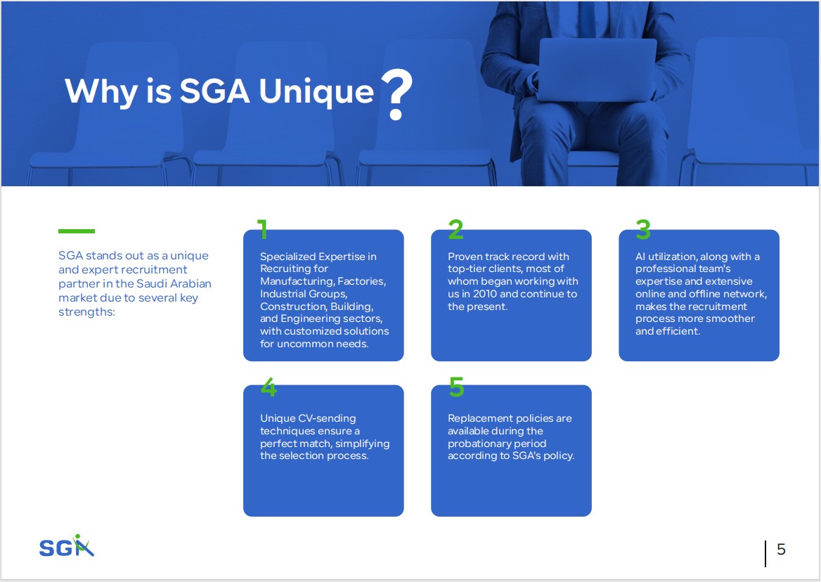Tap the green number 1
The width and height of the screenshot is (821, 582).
pyautogui.click(x=262, y=229)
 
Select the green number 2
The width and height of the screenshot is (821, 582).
pyautogui.click(x=455, y=229)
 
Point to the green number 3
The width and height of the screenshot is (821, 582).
pyautogui.click(x=643, y=229)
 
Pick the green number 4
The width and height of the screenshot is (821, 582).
pyautogui.click(x=269, y=387)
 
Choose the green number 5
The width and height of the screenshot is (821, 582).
pyautogui.click(x=457, y=387)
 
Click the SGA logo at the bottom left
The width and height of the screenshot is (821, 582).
pyautogui.click(x=67, y=546)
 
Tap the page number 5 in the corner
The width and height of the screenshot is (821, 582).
pyautogui.click(x=781, y=549)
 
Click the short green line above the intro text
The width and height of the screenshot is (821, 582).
pyautogui.click(x=77, y=231)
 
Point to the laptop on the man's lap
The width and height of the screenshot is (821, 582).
pyautogui.click(x=597, y=70)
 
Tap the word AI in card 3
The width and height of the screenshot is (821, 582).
pyautogui.click(x=640, y=257)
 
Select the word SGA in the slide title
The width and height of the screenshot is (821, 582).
pyautogui.click(x=214, y=91)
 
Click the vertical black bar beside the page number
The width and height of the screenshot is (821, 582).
pyautogui.click(x=765, y=554)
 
